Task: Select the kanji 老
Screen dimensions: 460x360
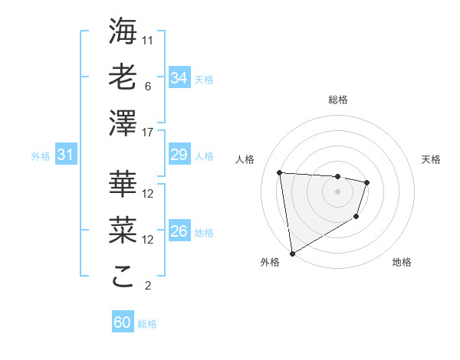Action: coord(123,77)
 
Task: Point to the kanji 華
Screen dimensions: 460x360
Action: coord(123,184)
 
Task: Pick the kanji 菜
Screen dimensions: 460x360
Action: coord(123,231)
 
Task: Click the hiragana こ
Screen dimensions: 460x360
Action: coord(123,277)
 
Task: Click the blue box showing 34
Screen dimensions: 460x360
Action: coord(179,78)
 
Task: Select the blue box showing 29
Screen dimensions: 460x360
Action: coord(179,155)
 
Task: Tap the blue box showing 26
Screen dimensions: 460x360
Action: coord(179,231)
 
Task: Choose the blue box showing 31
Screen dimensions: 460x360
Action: coord(65,155)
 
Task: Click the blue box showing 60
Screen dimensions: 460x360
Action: coord(123,322)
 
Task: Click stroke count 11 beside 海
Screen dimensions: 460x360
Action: coord(149,39)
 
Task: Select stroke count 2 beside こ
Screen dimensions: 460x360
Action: coord(148,286)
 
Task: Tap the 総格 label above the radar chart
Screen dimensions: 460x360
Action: coord(338,100)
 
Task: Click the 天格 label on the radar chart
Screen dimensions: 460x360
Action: coord(431,159)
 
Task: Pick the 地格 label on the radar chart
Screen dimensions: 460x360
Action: coord(402,262)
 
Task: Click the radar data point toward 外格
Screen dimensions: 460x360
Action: coord(292,253)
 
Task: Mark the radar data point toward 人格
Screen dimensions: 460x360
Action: coord(280,172)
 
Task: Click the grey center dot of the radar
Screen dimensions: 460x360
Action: coord(337,191)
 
